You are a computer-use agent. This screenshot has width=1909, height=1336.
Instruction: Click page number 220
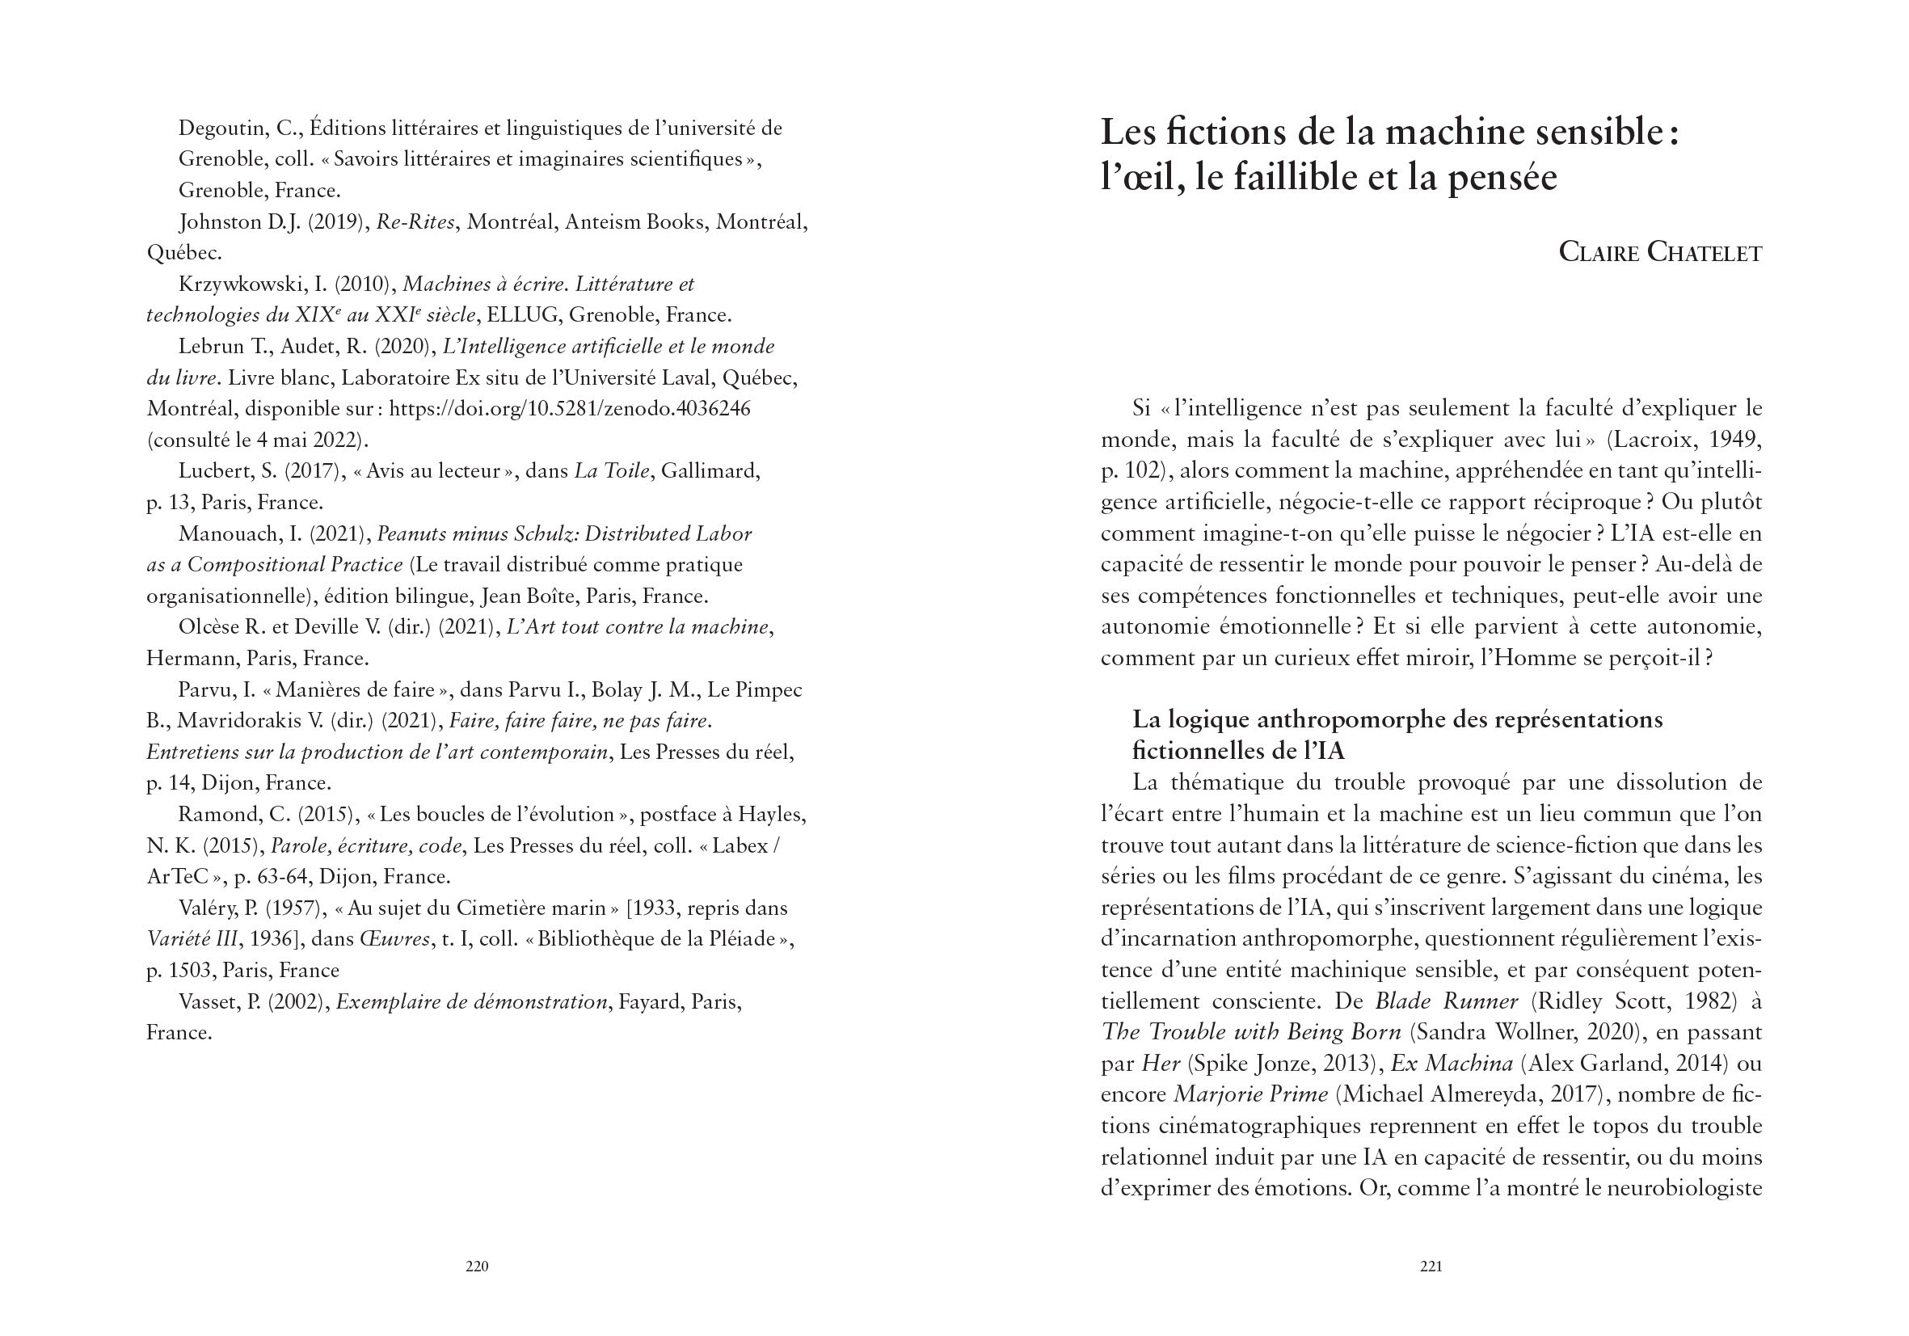click(x=476, y=1266)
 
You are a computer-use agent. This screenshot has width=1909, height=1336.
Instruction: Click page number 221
click(x=1431, y=1266)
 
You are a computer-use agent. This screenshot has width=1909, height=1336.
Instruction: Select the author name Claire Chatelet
click(x=1659, y=252)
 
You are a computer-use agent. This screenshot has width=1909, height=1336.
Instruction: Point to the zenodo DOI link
click(x=570, y=409)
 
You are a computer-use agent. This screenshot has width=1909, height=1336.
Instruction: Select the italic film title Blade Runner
click(x=1446, y=1001)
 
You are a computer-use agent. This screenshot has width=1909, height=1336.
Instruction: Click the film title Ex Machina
click(x=1452, y=1064)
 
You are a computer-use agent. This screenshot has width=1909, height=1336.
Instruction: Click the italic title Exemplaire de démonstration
click(x=471, y=1001)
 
